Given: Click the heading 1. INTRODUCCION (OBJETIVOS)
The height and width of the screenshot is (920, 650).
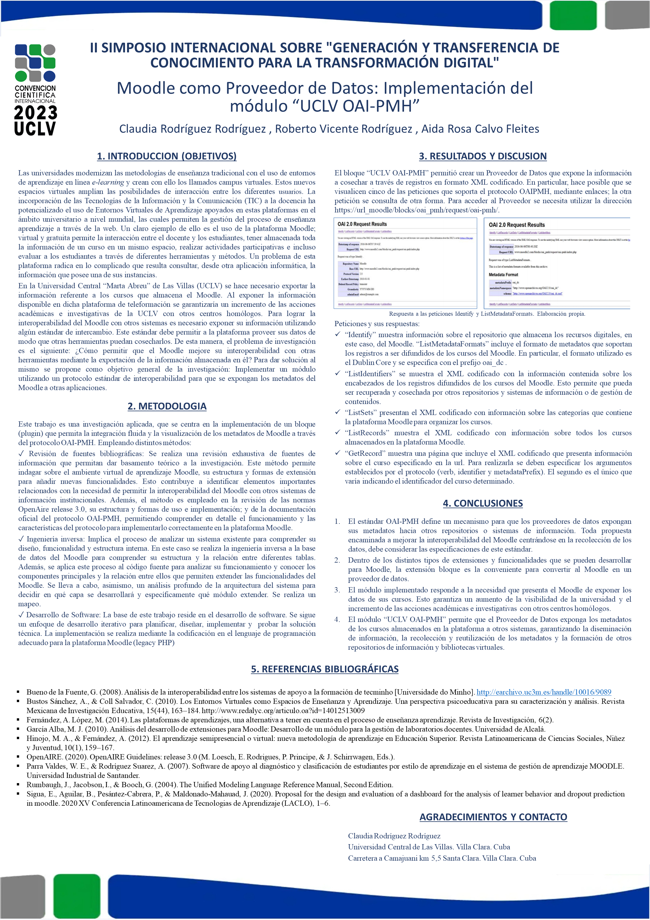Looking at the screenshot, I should [x=167, y=156].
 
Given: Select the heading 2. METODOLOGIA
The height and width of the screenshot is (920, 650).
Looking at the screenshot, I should [x=167, y=406].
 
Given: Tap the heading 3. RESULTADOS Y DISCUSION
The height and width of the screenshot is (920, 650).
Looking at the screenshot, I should [x=482, y=156].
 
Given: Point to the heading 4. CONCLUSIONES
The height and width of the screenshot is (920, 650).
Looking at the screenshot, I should [x=482, y=503].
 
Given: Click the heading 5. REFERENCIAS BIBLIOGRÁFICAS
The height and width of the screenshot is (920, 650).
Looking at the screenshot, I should [x=325, y=669].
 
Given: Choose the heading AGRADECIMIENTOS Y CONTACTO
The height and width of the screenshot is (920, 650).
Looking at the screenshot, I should [x=493, y=817].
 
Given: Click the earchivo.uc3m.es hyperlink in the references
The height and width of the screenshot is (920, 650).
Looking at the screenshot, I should [x=544, y=692].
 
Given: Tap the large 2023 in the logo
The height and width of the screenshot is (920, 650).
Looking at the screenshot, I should [x=35, y=113].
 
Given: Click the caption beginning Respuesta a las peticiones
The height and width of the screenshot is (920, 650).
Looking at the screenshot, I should [x=487, y=314].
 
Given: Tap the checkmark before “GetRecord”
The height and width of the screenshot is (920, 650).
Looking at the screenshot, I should [x=337, y=453].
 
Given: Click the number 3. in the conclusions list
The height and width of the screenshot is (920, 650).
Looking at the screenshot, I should [x=337, y=590].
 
